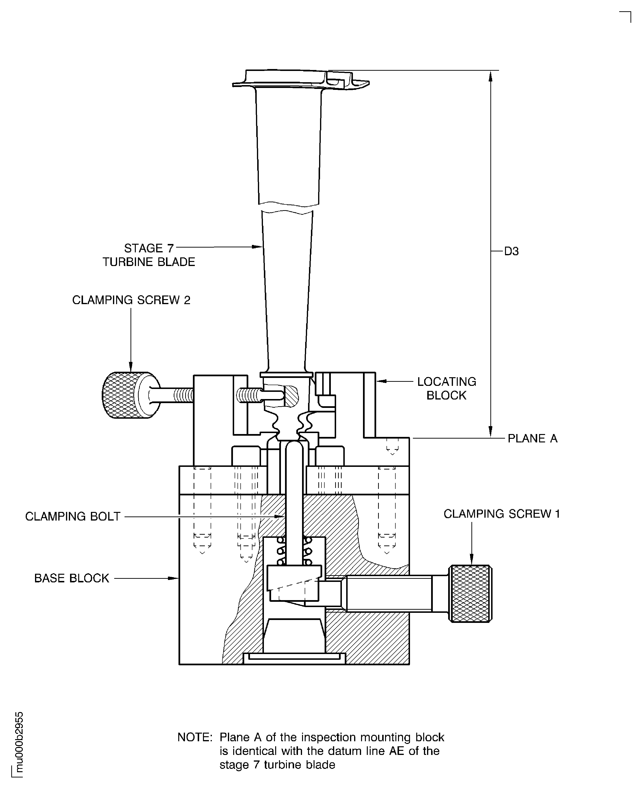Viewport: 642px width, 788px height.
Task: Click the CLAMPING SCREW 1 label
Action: click(x=501, y=514)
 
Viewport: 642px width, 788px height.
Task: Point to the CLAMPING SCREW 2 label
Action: click(x=131, y=300)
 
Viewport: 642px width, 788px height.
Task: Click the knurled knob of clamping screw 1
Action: click(x=470, y=594)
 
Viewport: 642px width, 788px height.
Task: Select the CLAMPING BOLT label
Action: click(x=73, y=516)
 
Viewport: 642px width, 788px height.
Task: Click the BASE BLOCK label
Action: click(x=72, y=578)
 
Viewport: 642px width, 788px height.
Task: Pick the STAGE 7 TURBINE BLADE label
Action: click(x=149, y=255)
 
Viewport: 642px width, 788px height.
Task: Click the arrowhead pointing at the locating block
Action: click(x=381, y=381)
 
